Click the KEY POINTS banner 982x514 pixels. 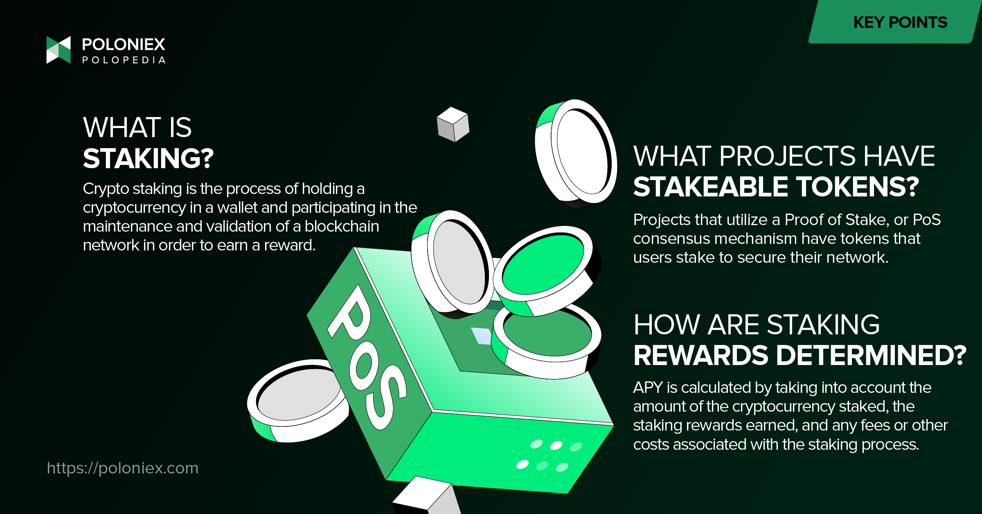pyautogui.click(x=895, y=22)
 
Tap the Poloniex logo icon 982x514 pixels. pyautogui.click(x=59, y=50)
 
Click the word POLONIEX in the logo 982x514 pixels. pyautogui.click(x=124, y=44)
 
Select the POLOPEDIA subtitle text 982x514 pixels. pyautogui.click(x=124, y=60)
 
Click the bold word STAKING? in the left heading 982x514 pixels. pyautogui.click(x=148, y=158)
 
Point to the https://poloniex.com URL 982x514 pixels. pyautogui.click(x=122, y=468)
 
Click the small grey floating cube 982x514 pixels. pyautogui.click(x=453, y=124)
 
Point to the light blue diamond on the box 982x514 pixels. pyautogui.click(x=481, y=336)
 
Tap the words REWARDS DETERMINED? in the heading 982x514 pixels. pyautogui.click(x=800, y=355)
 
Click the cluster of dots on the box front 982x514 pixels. pyautogui.click(x=549, y=455)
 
